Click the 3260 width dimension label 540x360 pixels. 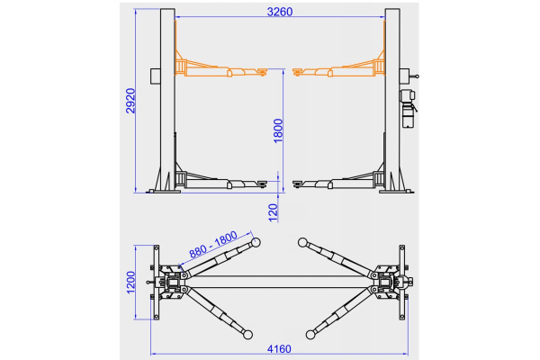(x=280, y=12)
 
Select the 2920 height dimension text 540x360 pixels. (x=130, y=101)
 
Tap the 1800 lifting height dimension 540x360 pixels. (x=278, y=130)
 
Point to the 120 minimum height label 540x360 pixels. (x=273, y=212)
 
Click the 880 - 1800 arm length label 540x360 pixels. (x=213, y=244)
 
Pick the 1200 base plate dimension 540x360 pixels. (x=130, y=283)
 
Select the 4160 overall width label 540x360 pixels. (x=279, y=349)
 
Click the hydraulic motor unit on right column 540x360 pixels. (x=408, y=109)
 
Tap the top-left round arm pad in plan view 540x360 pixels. (x=256, y=242)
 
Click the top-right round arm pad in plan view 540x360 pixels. (x=302, y=242)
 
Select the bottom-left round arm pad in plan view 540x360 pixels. (x=248, y=334)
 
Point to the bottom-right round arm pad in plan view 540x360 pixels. (x=310, y=334)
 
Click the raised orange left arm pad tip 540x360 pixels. (x=263, y=71)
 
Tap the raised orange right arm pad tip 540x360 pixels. (x=298, y=71)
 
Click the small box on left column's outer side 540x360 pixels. (x=156, y=76)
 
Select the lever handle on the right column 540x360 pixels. (x=414, y=76)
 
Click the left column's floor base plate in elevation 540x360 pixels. (x=163, y=191)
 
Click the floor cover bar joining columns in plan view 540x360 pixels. (x=280, y=282)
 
